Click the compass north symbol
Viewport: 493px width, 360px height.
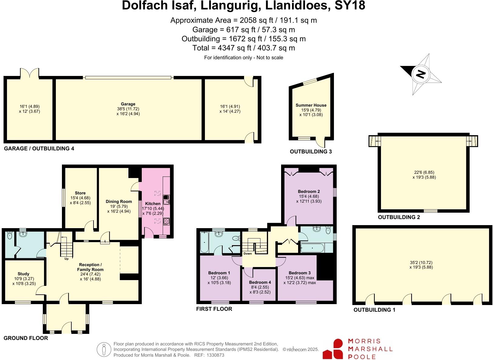pos(421,74)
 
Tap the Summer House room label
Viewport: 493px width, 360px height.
pos(311,105)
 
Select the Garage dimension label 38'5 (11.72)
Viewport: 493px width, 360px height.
pos(128,109)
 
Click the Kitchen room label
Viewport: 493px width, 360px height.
pos(153,204)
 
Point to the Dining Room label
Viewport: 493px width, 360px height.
pos(119,201)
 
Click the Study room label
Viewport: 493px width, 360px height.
pos(23,274)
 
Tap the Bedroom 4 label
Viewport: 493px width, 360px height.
pos(260,282)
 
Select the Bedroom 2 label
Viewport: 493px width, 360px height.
pos(309,191)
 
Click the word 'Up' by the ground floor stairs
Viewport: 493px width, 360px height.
pos(66,259)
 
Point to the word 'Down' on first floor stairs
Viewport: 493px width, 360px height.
pos(247,253)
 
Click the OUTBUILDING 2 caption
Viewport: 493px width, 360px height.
pos(399,217)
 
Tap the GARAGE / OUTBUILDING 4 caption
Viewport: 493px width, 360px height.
pos(39,149)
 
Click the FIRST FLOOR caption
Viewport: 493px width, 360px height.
pos(214,309)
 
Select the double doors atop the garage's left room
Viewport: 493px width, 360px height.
pos(29,73)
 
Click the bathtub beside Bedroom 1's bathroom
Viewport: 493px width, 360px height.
pos(204,242)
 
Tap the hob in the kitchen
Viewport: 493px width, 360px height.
pos(166,221)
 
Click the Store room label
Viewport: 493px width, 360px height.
pos(80,193)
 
